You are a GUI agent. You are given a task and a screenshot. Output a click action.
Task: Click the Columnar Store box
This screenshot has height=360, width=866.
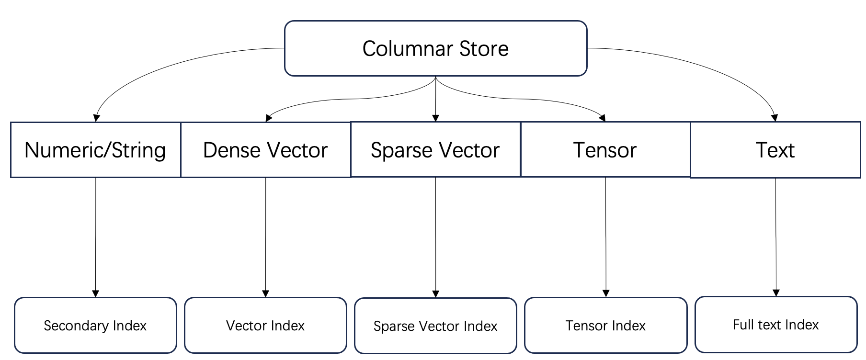pos(435,48)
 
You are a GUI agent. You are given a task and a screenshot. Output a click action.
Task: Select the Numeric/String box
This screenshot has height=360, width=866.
pos(96,150)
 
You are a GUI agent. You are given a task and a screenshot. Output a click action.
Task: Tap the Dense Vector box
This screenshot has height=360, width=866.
pos(266,150)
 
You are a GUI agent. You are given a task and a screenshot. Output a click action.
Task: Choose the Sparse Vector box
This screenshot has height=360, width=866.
pos(435,149)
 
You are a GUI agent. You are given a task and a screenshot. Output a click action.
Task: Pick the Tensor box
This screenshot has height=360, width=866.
pos(605,149)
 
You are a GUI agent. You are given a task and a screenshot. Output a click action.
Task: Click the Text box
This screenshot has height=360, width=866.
pos(775,150)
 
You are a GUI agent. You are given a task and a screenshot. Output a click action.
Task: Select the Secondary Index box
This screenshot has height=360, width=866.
pos(95,326)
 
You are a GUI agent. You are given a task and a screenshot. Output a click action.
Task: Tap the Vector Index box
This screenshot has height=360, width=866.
pos(265,326)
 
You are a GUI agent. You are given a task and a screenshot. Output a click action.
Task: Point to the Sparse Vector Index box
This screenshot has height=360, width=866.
pos(435,326)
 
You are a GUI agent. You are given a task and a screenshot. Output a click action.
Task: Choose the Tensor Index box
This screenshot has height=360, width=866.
pos(605,326)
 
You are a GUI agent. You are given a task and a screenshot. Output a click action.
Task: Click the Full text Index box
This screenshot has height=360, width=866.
pos(776,325)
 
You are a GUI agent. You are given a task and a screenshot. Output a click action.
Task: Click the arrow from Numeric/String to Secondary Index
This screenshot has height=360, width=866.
pos(96,237)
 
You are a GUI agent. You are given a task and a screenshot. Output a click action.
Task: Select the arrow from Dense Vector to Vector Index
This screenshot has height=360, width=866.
pos(266,237)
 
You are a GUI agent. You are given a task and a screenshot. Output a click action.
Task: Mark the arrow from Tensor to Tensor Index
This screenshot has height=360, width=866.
pos(606,237)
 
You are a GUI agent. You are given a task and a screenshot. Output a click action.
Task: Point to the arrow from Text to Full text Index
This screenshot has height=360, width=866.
pos(776,237)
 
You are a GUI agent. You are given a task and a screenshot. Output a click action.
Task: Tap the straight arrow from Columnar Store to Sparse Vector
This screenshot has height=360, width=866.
pos(435,99)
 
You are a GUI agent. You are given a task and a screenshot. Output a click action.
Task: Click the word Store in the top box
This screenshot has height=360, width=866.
pos(484,48)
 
